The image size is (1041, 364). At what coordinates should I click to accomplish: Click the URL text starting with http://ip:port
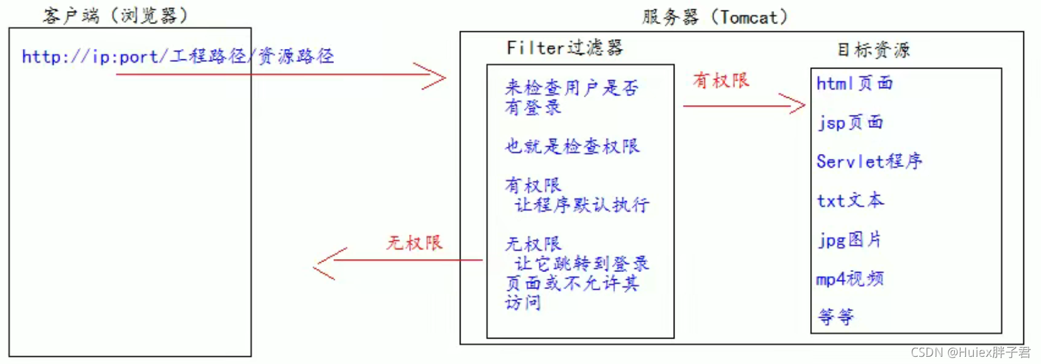(177, 57)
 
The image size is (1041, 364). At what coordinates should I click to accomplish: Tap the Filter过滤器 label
(564, 48)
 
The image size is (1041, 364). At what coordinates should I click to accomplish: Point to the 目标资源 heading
(873, 50)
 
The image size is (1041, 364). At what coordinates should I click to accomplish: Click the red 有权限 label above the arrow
(721, 81)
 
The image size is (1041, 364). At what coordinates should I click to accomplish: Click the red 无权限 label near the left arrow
(414, 243)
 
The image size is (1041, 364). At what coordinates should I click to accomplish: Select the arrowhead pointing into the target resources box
(794, 104)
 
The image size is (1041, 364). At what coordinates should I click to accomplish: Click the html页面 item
(854, 83)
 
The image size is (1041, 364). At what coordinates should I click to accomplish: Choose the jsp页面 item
(851, 123)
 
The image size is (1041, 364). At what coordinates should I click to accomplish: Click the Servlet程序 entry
(869, 161)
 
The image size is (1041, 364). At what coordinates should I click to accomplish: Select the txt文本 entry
(850, 200)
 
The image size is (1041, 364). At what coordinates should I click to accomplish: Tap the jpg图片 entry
(849, 239)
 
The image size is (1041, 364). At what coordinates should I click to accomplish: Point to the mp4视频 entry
(850, 279)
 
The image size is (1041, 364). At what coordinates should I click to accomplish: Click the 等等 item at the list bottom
(836, 317)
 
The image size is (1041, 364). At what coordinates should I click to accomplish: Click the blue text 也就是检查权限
(572, 146)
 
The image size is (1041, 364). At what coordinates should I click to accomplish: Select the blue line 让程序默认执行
(582, 205)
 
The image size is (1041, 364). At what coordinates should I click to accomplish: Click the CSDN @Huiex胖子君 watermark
(970, 353)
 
